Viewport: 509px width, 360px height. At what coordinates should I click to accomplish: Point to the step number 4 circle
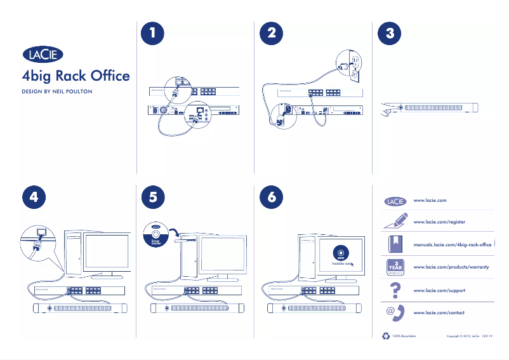click(34, 197)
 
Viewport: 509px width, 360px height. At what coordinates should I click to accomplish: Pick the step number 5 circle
click(153, 197)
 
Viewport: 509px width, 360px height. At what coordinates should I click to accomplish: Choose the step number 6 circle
click(272, 197)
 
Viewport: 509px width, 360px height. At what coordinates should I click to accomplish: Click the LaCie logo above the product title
click(43, 55)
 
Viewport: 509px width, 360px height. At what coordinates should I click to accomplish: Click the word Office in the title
click(110, 77)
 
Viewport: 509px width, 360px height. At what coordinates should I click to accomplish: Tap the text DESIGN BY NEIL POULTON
click(57, 92)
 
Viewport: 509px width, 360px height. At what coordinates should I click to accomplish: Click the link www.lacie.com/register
click(439, 222)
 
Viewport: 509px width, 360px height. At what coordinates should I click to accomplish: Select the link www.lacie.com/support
click(439, 290)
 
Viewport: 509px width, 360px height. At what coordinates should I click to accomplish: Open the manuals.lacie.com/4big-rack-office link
click(453, 244)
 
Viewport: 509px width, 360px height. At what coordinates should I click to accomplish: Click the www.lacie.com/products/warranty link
click(451, 267)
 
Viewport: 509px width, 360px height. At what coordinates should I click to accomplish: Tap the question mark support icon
click(394, 290)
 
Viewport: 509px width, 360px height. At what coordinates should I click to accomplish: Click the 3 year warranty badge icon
click(394, 267)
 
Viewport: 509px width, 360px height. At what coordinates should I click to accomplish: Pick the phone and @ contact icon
click(395, 312)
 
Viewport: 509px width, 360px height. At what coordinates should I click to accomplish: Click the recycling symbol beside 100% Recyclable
click(386, 336)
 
